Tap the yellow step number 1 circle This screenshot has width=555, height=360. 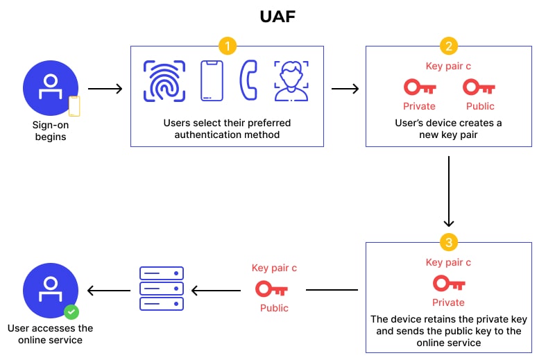[227, 46]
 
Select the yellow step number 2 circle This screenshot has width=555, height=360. [449, 46]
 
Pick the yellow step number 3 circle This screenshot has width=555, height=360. [449, 242]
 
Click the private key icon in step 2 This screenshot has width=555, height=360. [419, 87]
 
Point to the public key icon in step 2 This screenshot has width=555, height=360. [479, 87]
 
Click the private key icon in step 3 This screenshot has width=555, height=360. [449, 284]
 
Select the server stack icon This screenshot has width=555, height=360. [162, 289]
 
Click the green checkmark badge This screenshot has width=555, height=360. [71, 311]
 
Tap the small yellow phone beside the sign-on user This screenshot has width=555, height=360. [74, 106]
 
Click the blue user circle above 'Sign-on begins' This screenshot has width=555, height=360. [48, 89]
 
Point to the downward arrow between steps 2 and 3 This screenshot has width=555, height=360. [449, 191]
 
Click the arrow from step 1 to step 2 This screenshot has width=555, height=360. [345, 89]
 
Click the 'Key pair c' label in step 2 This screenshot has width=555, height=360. [448, 67]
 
